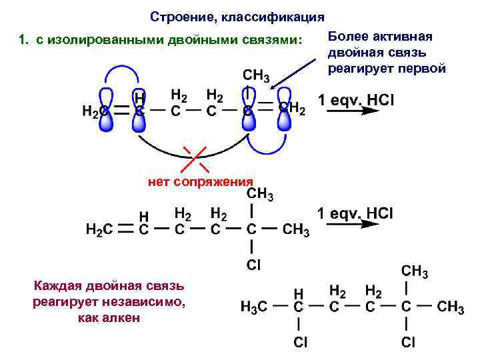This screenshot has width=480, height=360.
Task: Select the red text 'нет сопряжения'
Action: [199, 181]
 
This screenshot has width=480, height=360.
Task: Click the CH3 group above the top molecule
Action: [256, 75]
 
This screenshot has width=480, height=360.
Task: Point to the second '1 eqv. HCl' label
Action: [355, 213]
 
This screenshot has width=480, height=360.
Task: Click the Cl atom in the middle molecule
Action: [253, 265]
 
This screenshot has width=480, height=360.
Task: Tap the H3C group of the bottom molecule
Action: [254, 307]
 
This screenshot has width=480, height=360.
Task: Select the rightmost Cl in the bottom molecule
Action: [407, 343]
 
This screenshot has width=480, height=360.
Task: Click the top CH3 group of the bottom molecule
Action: [414, 271]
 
